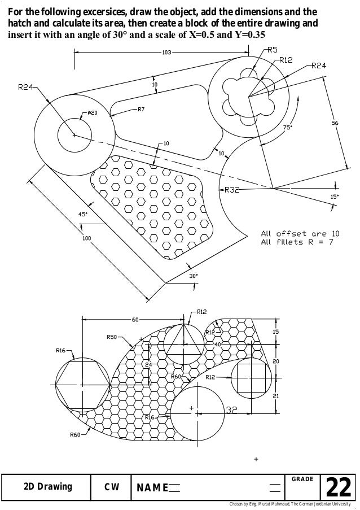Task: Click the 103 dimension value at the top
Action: tap(166, 53)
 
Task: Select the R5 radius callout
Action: tap(271, 50)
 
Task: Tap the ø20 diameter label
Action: tap(92, 113)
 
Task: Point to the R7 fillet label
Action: tap(142, 108)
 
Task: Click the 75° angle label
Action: tap(287, 128)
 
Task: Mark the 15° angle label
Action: tap(334, 197)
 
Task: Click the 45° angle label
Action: tap(82, 214)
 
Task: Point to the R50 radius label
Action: tap(112, 337)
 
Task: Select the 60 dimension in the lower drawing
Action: tap(135, 320)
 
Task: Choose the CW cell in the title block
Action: tap(111, 487)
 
